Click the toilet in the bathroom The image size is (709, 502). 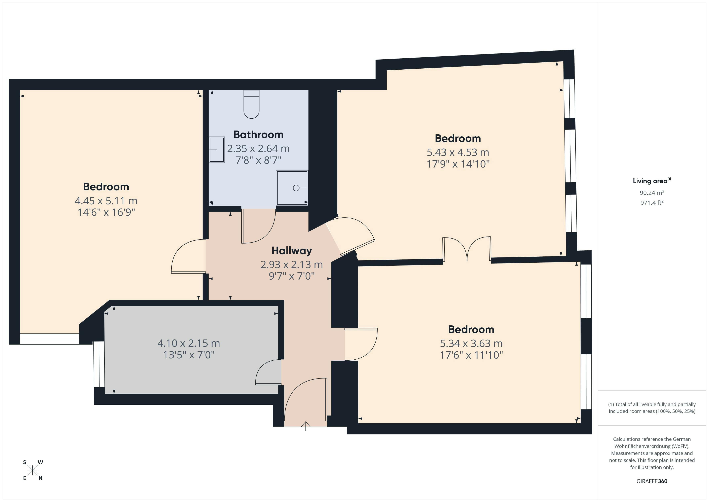(251, 104)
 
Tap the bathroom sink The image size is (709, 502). (217, 150)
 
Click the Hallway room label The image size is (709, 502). (292, 251)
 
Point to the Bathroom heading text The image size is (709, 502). (258, 135)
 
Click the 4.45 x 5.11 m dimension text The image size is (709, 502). (106, 201)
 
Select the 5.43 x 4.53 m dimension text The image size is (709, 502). (458, 152)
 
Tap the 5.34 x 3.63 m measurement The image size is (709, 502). (471, 344)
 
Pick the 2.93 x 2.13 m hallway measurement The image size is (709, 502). (292, 265)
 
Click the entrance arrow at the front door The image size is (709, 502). (305, 426)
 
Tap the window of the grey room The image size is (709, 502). (99, 364)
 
